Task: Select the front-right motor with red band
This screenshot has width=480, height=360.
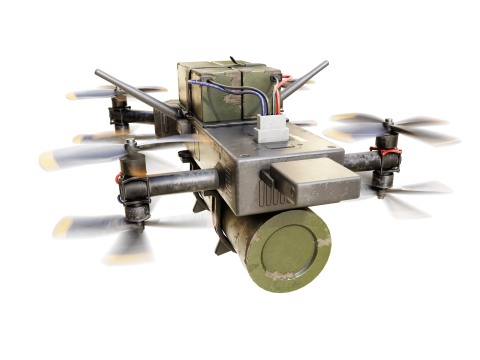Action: coord(385,165)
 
